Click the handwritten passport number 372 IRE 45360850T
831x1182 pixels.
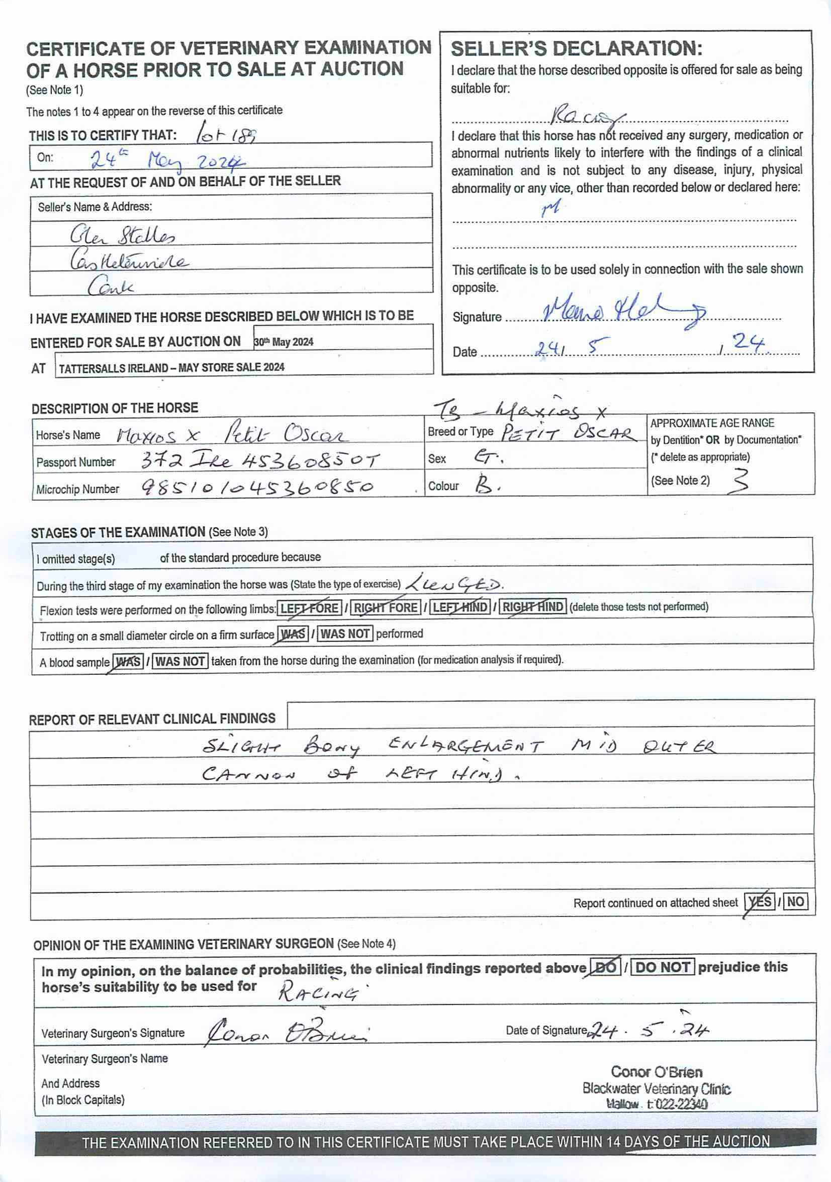[260, 460]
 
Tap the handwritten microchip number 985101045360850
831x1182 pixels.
[257, 487]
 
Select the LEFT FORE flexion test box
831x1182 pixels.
[309, 608]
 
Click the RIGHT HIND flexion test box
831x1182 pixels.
[533, 607]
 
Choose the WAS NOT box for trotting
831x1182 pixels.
[345, 633]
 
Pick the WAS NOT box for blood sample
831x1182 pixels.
[180, 661]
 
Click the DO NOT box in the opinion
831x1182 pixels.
[663, 967]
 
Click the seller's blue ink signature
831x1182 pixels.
[623, 311]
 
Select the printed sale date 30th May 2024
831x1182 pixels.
[284, 342]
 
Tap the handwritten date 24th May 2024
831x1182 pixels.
[167, 161]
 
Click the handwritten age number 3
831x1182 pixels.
[740, 481]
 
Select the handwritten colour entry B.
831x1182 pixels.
[487, 486]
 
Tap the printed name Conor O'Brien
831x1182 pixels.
[657, 1072]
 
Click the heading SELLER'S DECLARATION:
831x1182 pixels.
[576, 49]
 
